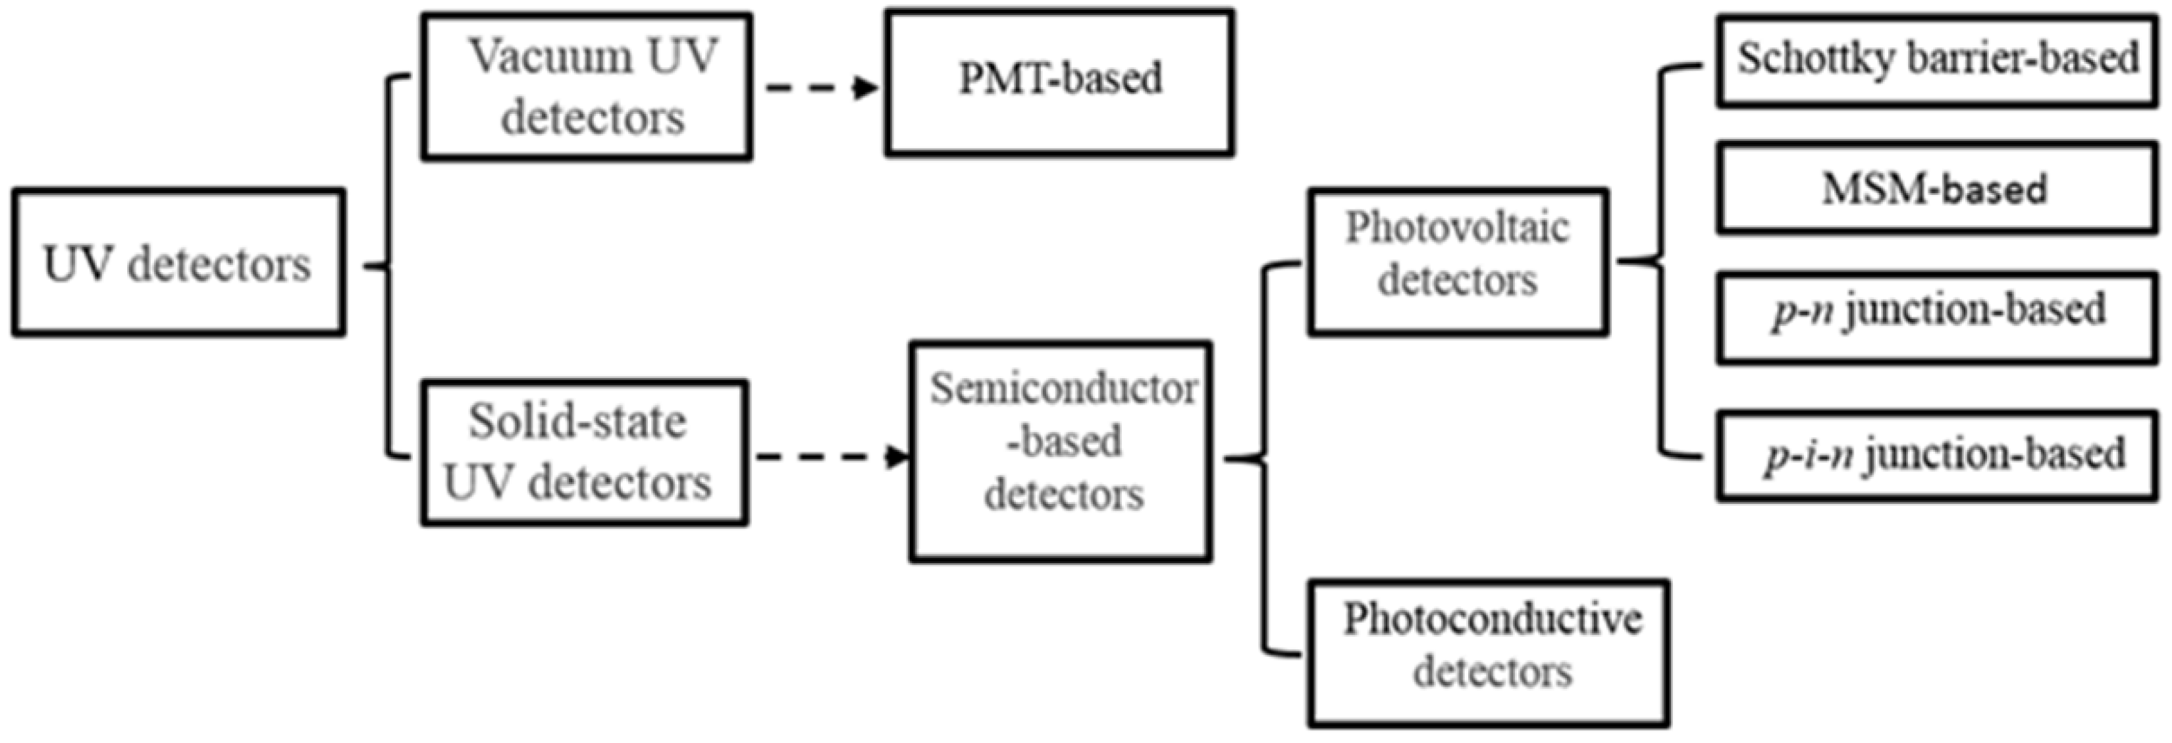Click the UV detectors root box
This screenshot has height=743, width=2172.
point(178,263)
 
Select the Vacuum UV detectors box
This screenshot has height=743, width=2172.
point(587,86)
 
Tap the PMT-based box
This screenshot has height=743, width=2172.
point(1060,82)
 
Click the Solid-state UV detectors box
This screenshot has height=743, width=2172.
point(585,453)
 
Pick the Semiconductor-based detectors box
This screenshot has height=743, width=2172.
point(1061,451)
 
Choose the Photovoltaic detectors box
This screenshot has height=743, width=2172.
point(1458,262)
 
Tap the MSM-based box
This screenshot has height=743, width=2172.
point(1937,188)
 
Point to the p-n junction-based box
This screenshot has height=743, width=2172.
point(1937,317)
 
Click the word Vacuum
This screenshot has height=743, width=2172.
point(550,57)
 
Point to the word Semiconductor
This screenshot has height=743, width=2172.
point(1063,389)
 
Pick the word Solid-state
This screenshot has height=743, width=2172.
point(577,421)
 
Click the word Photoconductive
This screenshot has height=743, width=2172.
point(1493,619)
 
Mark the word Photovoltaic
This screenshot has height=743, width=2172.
point(1457,228)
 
